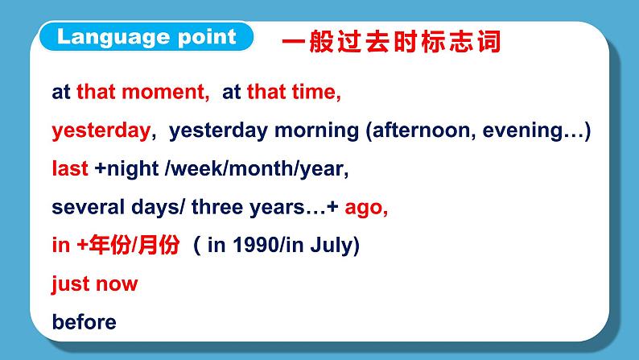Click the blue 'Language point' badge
click(x=147, y=37)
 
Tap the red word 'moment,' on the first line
click(x=171, y=93)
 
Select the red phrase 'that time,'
click(x=295, y=93)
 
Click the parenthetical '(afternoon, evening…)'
click(x=478, y=130)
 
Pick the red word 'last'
click(x=69, y=169)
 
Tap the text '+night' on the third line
click(x=125, y=169)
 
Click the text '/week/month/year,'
click(x=256, y=169)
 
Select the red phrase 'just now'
click(x=94, y=283)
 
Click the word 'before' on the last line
click(x=84, y=322)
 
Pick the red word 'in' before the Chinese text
click(x=60, y=246)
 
